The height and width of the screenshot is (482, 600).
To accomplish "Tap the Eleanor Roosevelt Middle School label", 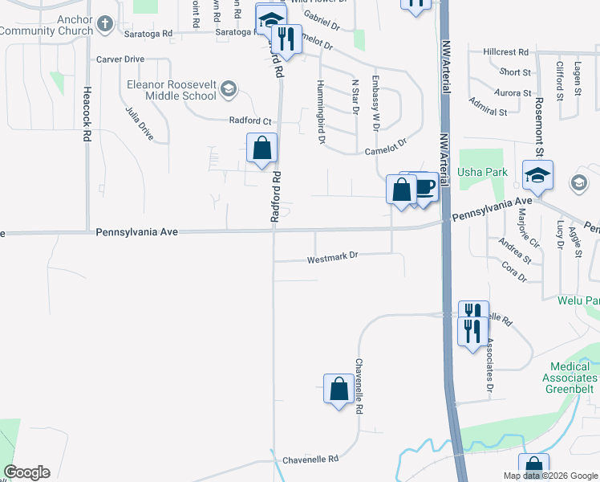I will (x=171, y=89).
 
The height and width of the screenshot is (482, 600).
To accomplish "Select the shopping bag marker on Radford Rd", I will (x=261, y=149).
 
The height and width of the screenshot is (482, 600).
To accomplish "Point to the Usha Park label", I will (x=472, y=172).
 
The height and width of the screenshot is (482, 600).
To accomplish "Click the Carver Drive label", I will (x=120, y=59).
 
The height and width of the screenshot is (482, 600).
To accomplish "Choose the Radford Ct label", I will (x=250, y=121).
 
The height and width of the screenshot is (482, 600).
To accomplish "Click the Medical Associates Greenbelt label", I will (x=570, y=378).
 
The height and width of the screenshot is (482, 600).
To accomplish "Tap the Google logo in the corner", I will (x=26, y=472).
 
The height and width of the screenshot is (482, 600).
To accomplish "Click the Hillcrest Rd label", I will (x=506, y=51).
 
